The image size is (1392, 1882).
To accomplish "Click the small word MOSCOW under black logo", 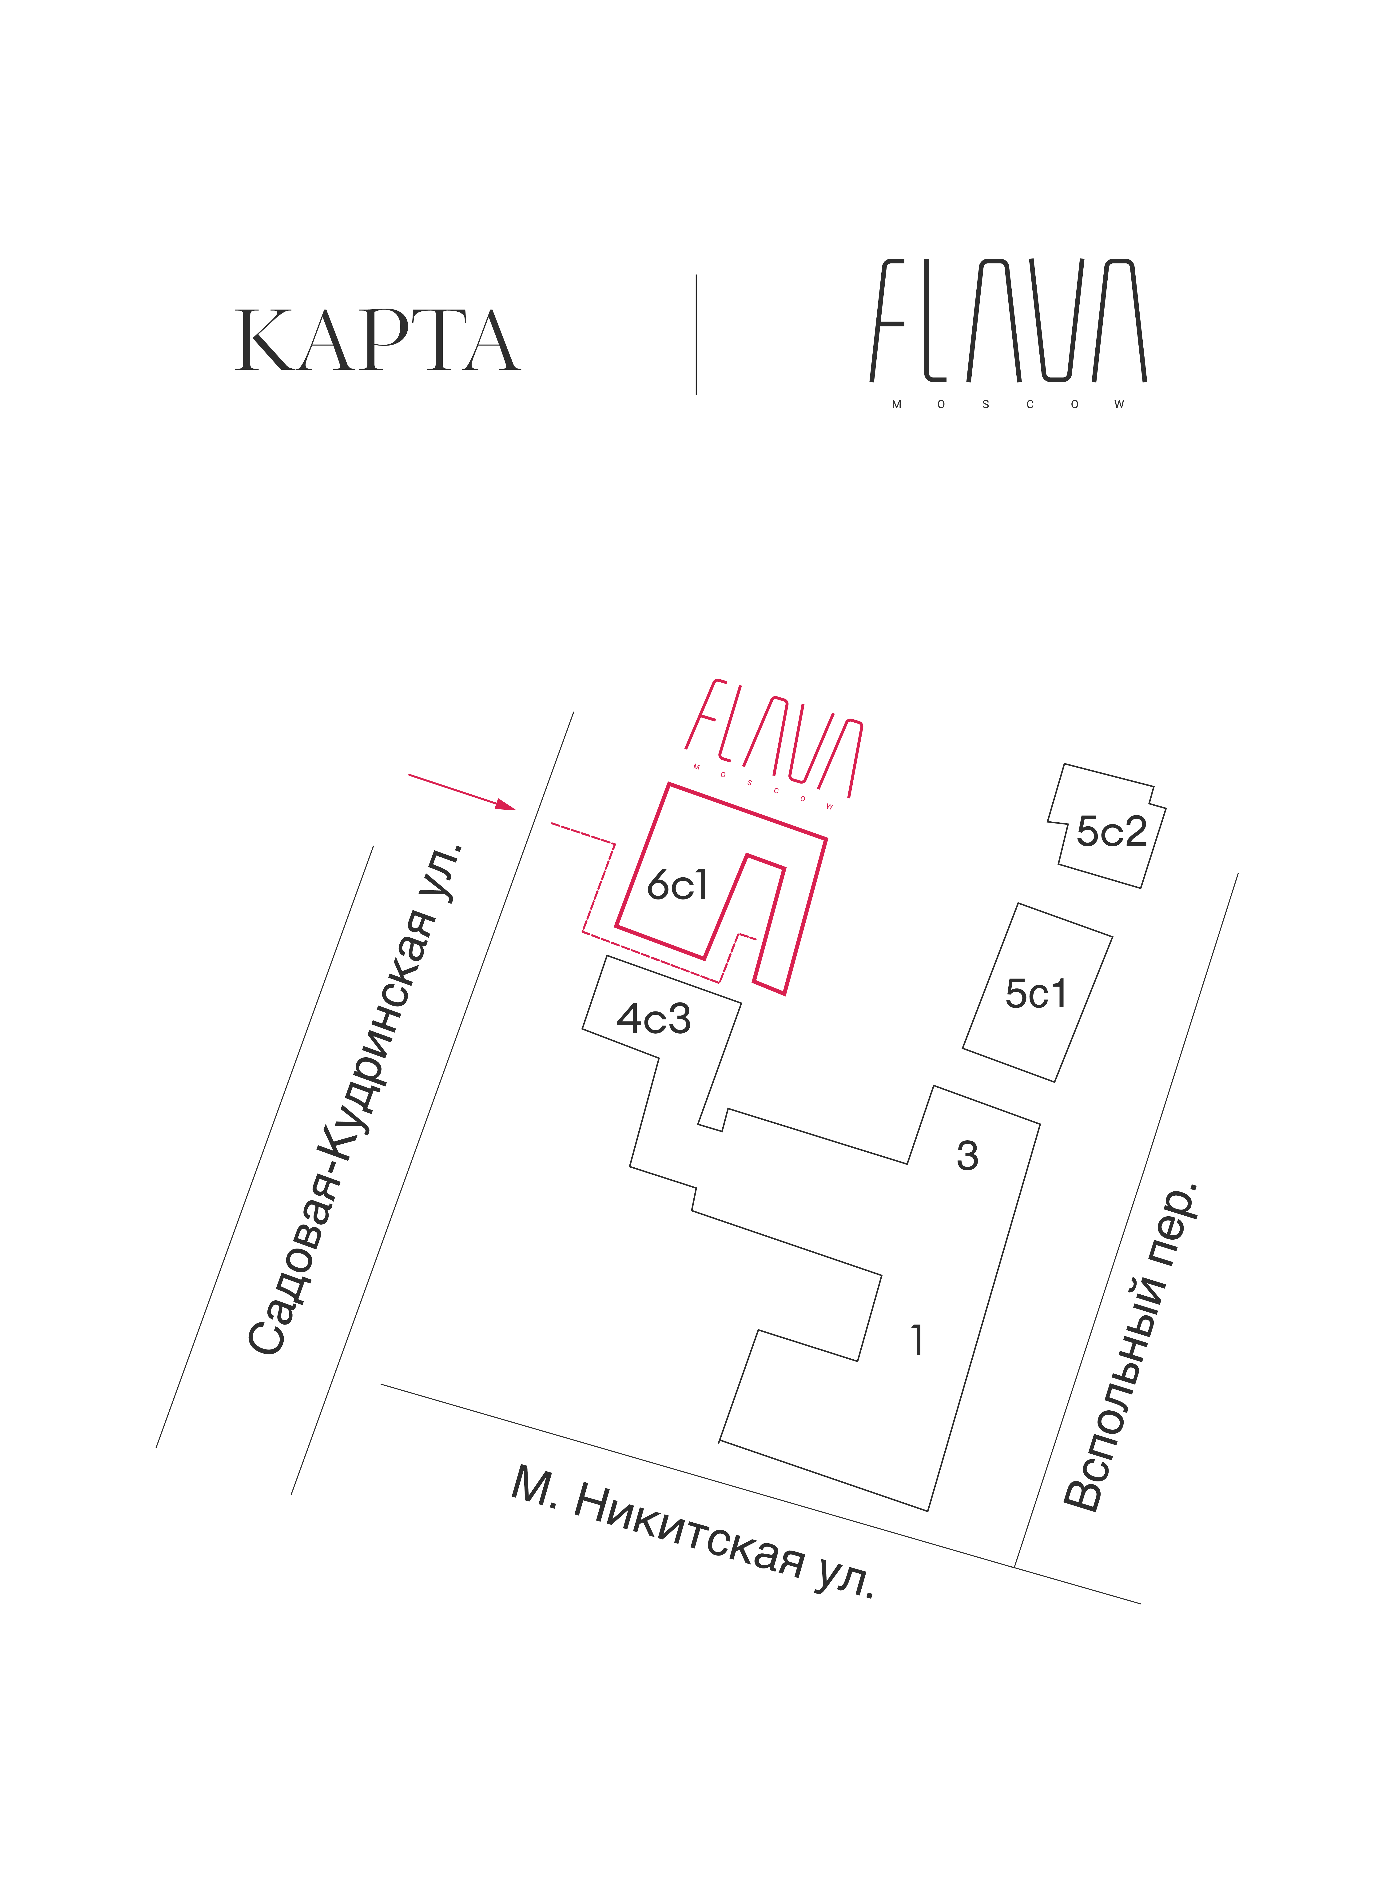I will (1008, 404).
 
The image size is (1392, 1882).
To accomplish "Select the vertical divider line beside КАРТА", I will (696, 334).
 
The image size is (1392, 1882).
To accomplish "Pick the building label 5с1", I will (1036, 994).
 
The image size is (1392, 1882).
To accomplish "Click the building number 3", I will (967, 1156).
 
